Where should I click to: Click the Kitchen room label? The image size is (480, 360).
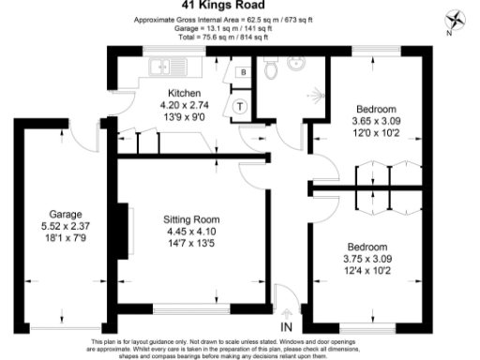(184, 94)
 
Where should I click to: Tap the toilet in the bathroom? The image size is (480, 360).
(271, 68)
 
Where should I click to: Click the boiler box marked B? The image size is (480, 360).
(243, 72)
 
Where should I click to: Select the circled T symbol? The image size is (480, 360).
(240, 106)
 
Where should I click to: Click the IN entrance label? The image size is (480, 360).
(286, 325)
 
